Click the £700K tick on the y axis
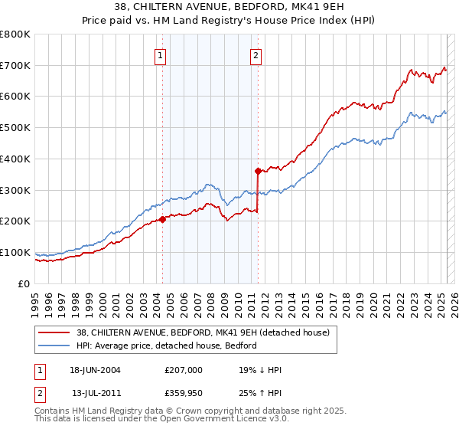(15, 65)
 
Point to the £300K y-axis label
(15, 190)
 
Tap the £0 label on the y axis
(24, 283)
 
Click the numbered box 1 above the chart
(160, 54)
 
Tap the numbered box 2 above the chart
(255, 54)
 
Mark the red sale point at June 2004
(163, 219)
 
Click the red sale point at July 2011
(259, 171)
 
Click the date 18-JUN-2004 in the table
(95, 370)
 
